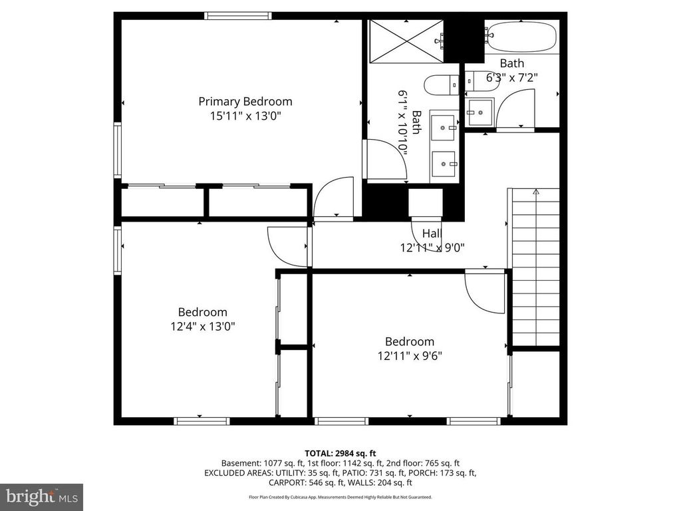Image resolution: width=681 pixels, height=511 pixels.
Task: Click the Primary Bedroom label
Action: [245, 101]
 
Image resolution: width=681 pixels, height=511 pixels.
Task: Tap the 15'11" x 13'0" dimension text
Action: [245, 115]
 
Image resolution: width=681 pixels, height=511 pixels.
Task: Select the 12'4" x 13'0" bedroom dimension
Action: [202, 326]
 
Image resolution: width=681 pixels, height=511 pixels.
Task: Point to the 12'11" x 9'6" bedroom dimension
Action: [409, 355]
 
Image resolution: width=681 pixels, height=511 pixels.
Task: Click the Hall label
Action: [432, 234]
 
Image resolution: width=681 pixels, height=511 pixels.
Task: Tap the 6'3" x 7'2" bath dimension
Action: [511, 77]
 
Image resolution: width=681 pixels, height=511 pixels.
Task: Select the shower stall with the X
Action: [406, 41]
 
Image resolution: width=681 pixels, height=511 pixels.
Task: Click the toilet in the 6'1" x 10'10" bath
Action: [442, 85]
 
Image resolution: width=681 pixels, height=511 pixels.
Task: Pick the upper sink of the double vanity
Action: [443, 127]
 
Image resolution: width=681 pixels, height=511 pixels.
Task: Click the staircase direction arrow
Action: [536, 193]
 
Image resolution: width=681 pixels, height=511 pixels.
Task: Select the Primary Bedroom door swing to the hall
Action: [334, 198]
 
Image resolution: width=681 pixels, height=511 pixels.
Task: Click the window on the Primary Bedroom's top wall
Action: [237, 16]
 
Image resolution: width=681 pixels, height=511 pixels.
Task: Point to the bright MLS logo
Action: [41, 496]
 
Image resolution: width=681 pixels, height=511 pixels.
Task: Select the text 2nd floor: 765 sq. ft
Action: [426, 463]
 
